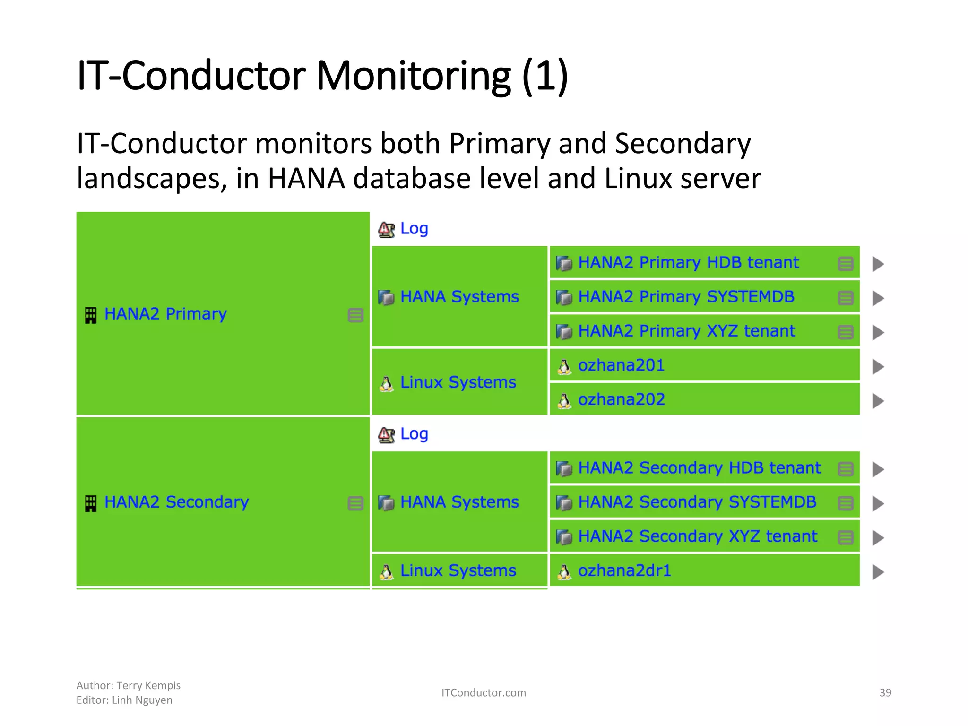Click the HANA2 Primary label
(165, 314)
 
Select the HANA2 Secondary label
(176, 502)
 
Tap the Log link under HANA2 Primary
(414, 228)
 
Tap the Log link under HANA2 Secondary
(414, 433)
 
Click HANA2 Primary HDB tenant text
(688, 262)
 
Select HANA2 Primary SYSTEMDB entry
(686, 297)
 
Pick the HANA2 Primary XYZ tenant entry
(686, 331)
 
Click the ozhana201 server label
(621, 365)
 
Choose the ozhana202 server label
(621, 399)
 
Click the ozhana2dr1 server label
(624, 570)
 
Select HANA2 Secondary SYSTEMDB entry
(697, 502)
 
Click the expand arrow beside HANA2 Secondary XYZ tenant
(878, 537)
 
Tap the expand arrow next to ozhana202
(878, 401)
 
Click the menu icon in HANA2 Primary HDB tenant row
(845, 263)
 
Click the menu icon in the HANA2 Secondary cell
(355, 503)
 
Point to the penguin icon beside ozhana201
(564, 367)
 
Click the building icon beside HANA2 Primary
(90, 315)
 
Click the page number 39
(885, 692)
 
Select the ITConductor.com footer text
(483, 692)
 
